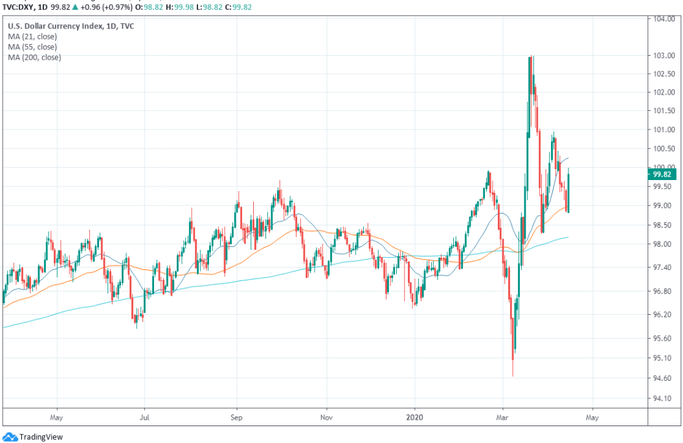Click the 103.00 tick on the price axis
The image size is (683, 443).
coord(661,56)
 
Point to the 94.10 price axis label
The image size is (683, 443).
coord(661,398)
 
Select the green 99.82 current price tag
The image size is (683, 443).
coord(662,174)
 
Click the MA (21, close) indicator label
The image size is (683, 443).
coord(32,37)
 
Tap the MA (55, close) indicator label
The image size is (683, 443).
coord(32,47)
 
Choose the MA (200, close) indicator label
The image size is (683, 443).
coord(34,58)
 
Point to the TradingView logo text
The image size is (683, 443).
coord(41,437)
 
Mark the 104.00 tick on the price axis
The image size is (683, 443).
coord(661,18)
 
